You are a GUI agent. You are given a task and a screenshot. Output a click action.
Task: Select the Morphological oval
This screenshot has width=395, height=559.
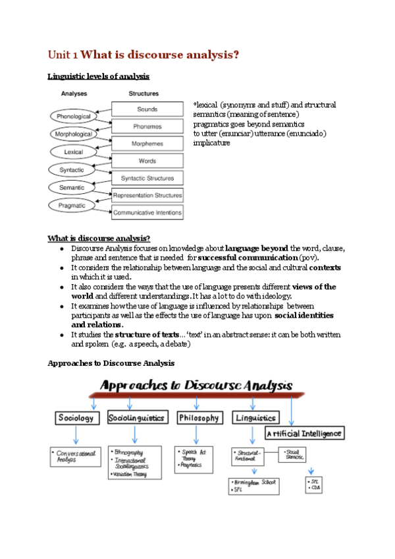73,134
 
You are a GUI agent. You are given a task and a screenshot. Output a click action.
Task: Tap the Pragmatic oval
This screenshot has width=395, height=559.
72,205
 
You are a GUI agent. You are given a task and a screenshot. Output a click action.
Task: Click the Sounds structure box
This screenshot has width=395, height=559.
147,109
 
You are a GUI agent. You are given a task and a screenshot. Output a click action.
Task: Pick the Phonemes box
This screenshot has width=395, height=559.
147,126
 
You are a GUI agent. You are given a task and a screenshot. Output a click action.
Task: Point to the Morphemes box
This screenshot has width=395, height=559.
147,143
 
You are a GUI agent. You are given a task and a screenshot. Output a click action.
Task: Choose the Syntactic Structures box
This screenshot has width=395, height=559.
147,178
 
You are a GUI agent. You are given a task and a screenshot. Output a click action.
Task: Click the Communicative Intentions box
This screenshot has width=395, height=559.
147,212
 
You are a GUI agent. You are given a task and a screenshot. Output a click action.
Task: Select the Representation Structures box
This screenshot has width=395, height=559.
147,195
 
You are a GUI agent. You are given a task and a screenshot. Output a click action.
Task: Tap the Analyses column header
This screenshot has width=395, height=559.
75,94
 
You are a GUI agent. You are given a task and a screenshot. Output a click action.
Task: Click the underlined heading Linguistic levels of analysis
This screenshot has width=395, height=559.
99,76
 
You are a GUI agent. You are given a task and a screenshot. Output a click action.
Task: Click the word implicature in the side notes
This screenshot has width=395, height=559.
211,143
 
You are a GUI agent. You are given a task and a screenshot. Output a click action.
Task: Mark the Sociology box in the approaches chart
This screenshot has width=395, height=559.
76,418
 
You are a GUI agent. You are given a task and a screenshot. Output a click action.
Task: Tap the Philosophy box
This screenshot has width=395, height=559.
199,418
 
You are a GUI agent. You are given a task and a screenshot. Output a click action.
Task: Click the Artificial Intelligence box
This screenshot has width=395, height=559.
305,433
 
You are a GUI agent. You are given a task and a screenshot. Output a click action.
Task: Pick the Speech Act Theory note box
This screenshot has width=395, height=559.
196,458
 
